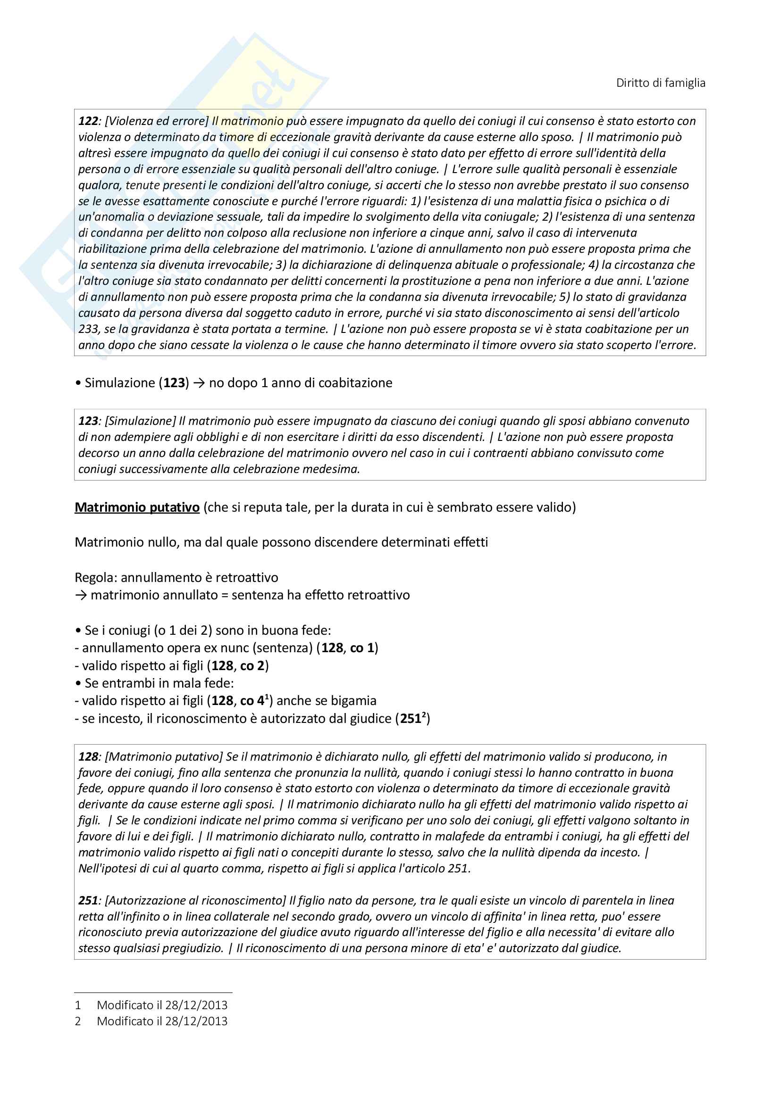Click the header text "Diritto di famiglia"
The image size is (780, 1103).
tap(660, 83)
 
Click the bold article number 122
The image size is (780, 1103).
tap(88, 121)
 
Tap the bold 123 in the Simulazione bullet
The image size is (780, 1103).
tap(174, 383)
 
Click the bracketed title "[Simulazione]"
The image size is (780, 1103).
tap(140, 421)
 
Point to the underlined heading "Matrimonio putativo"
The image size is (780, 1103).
tap(137, 507)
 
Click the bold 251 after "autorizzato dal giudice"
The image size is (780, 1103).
tap(411, 718)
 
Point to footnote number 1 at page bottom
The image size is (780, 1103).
tap(78, 1005)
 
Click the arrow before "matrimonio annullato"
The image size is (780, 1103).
tap(81, 595)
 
